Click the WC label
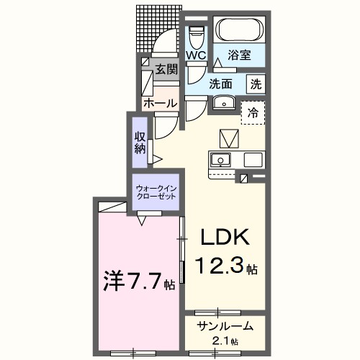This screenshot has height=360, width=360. point(197,55)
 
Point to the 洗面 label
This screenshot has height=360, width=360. point(222,84)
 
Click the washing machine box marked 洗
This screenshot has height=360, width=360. point(256,84)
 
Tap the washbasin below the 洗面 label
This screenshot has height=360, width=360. point(225,102)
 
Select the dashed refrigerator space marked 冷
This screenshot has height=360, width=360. point(253,112)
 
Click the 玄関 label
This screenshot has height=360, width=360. point(166,70)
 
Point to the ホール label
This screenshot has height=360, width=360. point(160,104)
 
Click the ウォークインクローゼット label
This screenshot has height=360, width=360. point(156,193)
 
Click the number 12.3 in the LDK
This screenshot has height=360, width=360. point(220,268)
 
